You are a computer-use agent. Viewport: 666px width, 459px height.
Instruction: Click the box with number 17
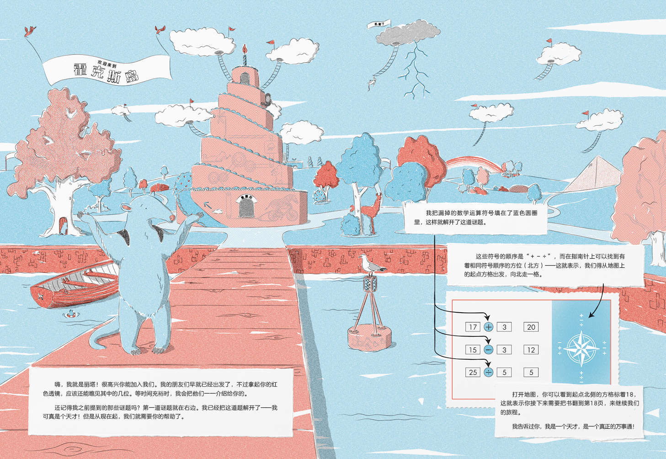pyautogui.click(x=473, y=327)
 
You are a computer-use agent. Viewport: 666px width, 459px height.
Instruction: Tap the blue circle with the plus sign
pyautogui.click(x=489, y=327)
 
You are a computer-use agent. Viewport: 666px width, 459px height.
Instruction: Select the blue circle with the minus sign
pyautogui.click(x=489, y=350)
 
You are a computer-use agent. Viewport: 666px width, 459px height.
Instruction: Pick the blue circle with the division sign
pyautogui.click(x=489, y=372)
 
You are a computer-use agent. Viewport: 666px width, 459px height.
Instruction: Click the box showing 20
pyautogui.click(x=531, y=327)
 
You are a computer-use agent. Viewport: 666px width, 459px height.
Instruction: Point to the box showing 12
pyautogui.click(x=531, y=350)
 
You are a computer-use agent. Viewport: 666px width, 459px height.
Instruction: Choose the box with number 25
pyautogui.click(x=473, y=372)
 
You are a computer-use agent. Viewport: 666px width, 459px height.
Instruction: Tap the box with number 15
pyautogui.click(x=473, y=350)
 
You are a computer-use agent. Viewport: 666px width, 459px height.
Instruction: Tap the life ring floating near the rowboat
pyautogui.click(x=70, y=314)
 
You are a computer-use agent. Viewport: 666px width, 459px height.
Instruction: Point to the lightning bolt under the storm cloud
pyautogui.click(x=415, y=73)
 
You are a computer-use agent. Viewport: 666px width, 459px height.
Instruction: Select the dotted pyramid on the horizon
pyautogui.click(x=594, y=176)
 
